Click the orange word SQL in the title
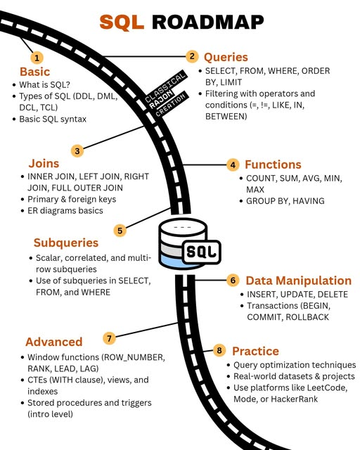[x=123, y=22]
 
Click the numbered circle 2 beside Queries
[x=191, y=56]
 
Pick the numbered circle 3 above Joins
[x=77, y=150]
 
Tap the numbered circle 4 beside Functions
[x=233, y=165]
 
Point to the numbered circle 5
[x=120, y=229]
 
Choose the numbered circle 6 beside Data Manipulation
[x=233, y=280]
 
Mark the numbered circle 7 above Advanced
[x=108, y=337]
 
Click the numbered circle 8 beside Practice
[x=219, y=350]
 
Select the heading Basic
[x=34, y=72]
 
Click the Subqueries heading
[x=66, y=243]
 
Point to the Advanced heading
[x=54, y=342]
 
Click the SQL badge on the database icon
[x=202, y=251]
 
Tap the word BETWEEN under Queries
[x=227, y=117]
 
